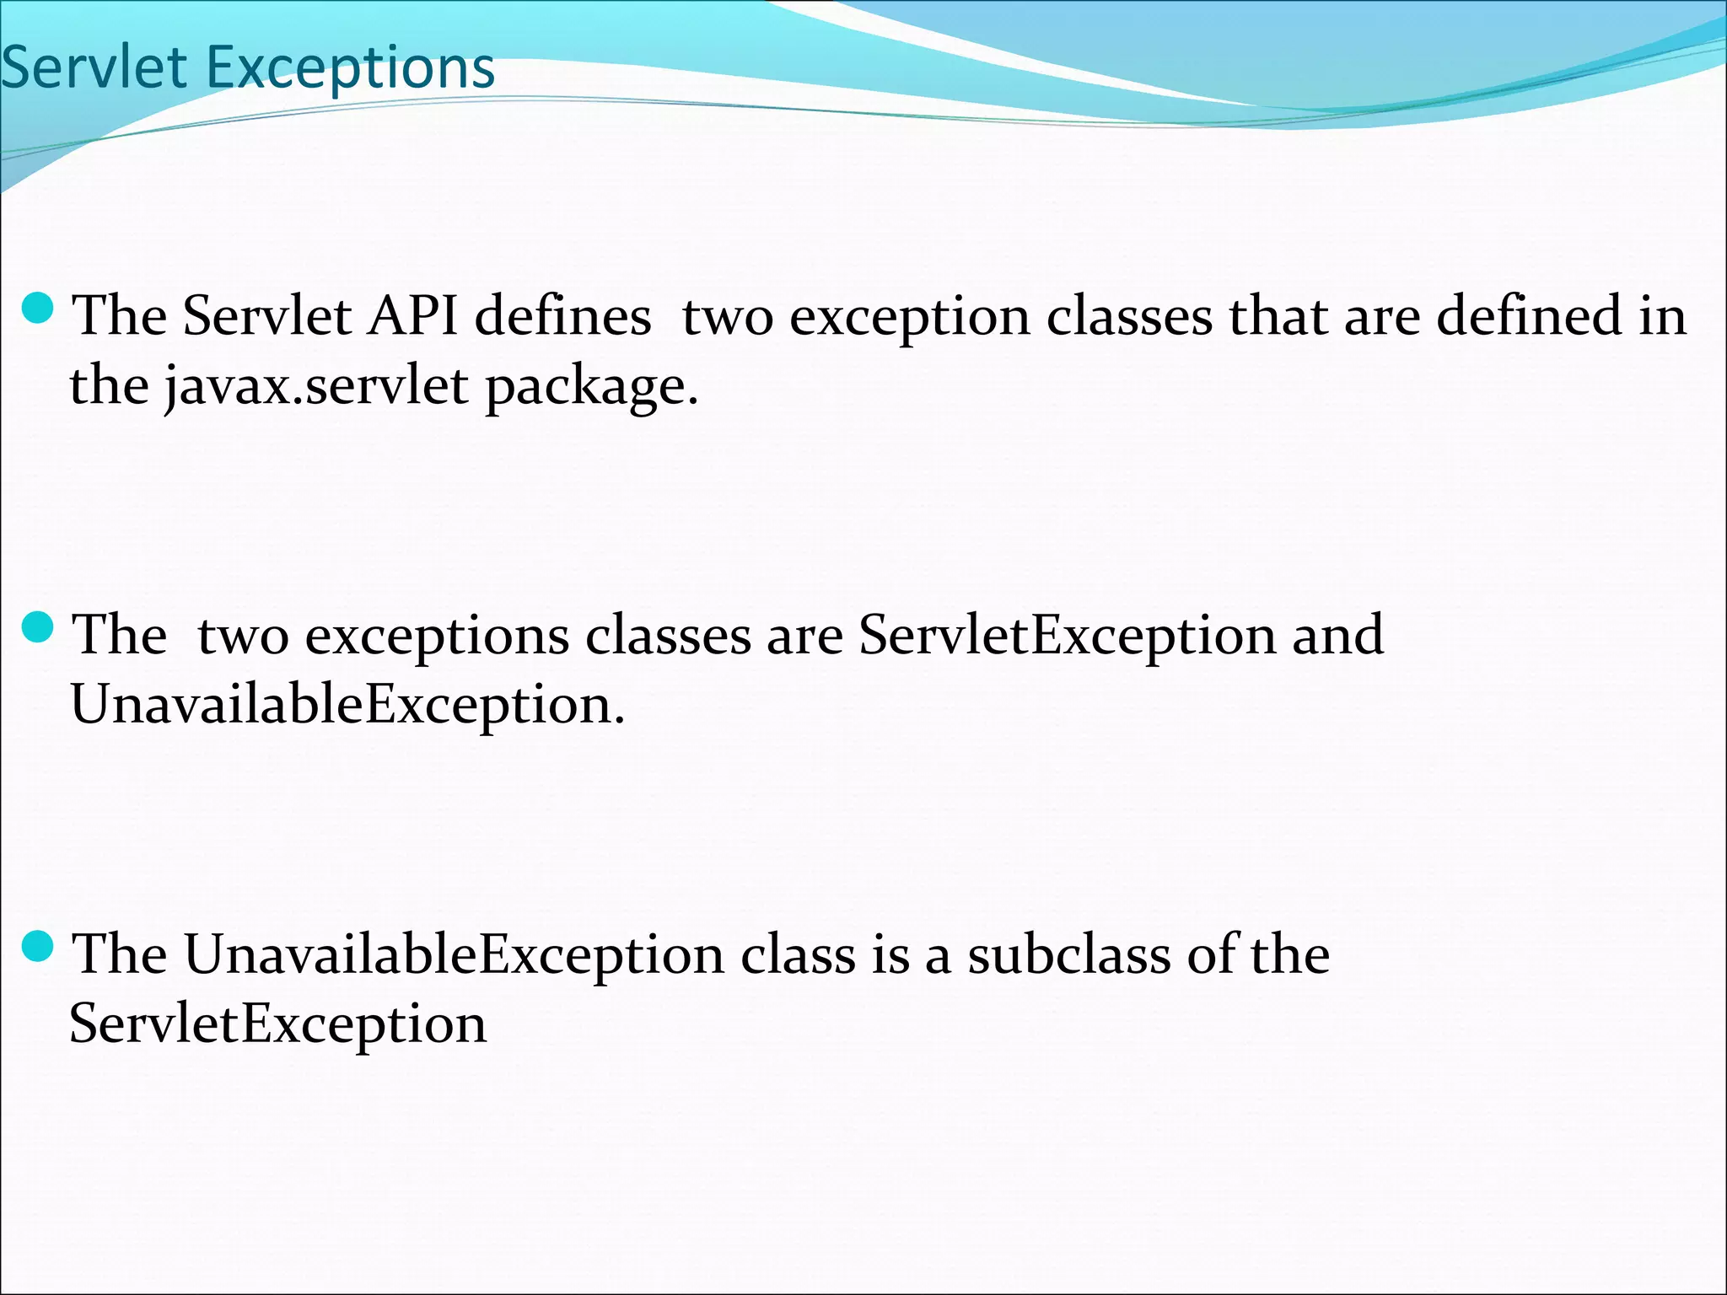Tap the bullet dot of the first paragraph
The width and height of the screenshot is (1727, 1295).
pyautogui.click(x=37, y=309)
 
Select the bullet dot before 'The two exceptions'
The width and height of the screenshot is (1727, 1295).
pyautogui.click(x=37, y=628)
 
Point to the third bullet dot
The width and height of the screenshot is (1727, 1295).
pyautogui.click(x=37, y=948)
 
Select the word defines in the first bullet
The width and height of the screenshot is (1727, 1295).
pyautogui.click(x=562, y=316)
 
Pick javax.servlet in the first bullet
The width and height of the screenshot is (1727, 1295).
pyautogui.click(x=316, y=386)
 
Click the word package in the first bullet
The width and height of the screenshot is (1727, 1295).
pyautogui.click(x=590, y=388)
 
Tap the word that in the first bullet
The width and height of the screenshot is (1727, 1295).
pyautogui.click(x=1278, y=316)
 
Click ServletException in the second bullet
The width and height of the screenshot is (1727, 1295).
pyautogui.click(x=1068, y=635)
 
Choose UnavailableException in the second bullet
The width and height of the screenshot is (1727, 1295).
pyautogui.click(x=346, y=705)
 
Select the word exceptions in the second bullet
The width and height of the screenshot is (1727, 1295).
pyautogui.click(x=437, y=637)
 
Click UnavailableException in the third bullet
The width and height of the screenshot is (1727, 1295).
pyautogui.click(x=454, y=955)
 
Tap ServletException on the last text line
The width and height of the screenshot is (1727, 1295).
pyautogui.click(x=278, y=1024)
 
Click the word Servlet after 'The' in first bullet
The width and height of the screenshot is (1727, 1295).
pyautogui.click(x=266, y=316)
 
